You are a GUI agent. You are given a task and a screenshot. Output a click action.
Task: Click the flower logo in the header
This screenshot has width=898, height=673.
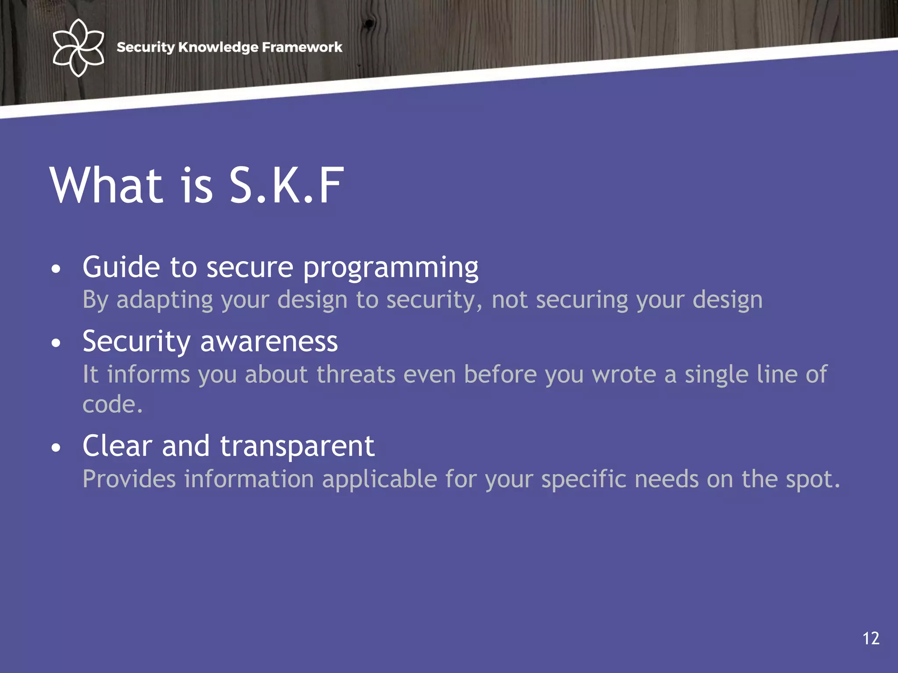click(78, 47)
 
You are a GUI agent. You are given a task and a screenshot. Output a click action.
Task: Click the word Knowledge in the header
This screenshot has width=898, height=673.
click(218, 47)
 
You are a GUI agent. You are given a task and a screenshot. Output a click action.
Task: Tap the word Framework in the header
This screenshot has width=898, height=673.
click(302, 47)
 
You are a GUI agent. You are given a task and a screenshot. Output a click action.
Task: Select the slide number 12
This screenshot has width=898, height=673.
click(871, 638)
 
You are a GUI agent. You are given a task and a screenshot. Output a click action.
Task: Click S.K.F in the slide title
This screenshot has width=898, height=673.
click(286, 186)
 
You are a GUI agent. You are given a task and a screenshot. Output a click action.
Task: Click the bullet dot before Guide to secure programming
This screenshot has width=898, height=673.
click(56, 269)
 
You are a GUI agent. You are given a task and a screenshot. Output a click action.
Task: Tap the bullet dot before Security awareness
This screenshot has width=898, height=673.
click(56, 343)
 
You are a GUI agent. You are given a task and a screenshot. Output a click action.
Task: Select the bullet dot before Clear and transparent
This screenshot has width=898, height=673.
click(56, 448)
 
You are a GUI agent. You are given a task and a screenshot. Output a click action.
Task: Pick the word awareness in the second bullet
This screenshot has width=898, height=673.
click(269, 342)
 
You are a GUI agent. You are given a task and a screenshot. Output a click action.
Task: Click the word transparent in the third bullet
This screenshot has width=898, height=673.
click(297, 447)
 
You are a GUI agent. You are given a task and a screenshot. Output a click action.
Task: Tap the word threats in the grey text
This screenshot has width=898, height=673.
click(356, 375)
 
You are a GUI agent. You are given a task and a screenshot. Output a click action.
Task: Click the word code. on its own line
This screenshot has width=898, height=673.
click(113, 404)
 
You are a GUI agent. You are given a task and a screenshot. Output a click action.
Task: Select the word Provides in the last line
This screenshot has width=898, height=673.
click(129, 479)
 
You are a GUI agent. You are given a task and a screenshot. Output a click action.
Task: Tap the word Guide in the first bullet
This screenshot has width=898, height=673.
click(121, 267)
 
